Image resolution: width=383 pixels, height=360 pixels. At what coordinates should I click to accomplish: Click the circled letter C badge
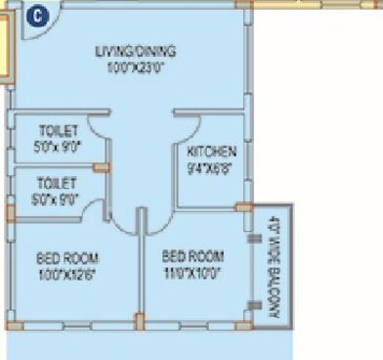coord(36,16)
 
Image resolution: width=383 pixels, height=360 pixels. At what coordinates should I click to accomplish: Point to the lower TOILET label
coord(56,182)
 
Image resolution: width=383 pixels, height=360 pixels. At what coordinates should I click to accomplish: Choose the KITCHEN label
coord(212,153)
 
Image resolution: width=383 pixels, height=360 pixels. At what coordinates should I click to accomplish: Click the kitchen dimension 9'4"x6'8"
coord(212,167)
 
